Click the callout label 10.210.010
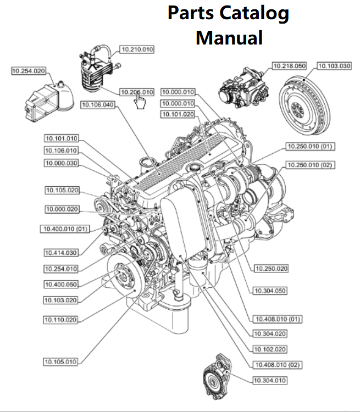(x=137, y=49)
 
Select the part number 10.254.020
(x=29, y=70)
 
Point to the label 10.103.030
(x=334, y=66)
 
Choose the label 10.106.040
(x=97, y=104)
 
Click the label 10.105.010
(x=61, y=361)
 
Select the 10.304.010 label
(x=270, y=380)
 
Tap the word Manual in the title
(x=229, y=38)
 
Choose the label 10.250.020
(x=272, y=268)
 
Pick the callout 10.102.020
(x=270, y=349)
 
